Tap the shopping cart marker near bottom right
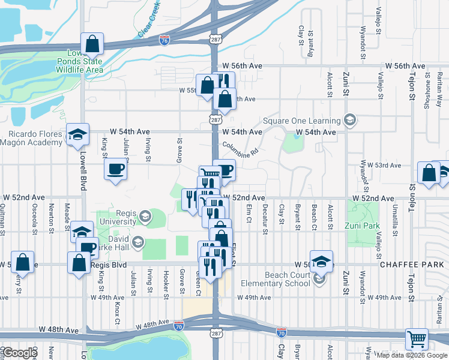click(x=417, y=339)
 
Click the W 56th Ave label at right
click(x=405, y=66)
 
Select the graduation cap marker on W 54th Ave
click(x=77, y=134)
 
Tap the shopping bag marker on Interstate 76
click(x=92, y=43)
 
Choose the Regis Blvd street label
click(x=107, y=265)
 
